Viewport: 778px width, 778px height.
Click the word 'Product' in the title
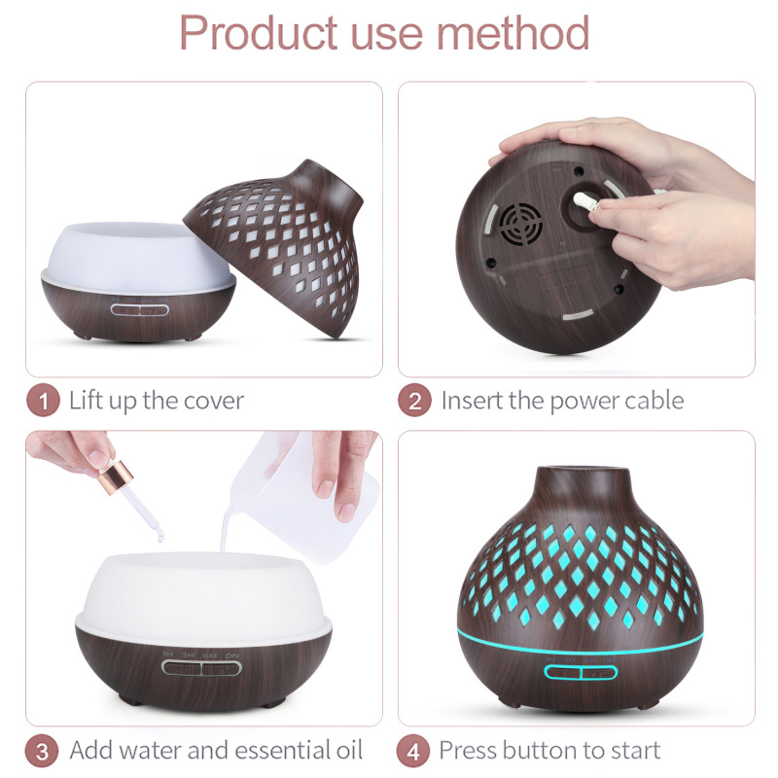click(x=259, y=33)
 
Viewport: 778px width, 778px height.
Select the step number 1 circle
click(x=43, y=401)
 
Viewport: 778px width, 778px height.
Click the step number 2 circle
click(x=414, y=401)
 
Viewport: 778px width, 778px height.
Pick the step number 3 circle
click(x=42, y=751)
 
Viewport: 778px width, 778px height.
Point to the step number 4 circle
click(x=412, y=751)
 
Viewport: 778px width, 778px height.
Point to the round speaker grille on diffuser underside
click(x=520, y=224)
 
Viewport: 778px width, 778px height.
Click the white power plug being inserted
click(x=586, y=202)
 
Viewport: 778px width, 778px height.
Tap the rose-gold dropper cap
click(x=116, y=477)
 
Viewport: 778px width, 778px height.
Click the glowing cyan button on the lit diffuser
click(x=580, y=672)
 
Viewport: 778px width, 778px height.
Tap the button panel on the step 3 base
click(x=201, y=668)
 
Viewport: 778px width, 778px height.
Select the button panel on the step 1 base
click(x=139, y=310)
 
